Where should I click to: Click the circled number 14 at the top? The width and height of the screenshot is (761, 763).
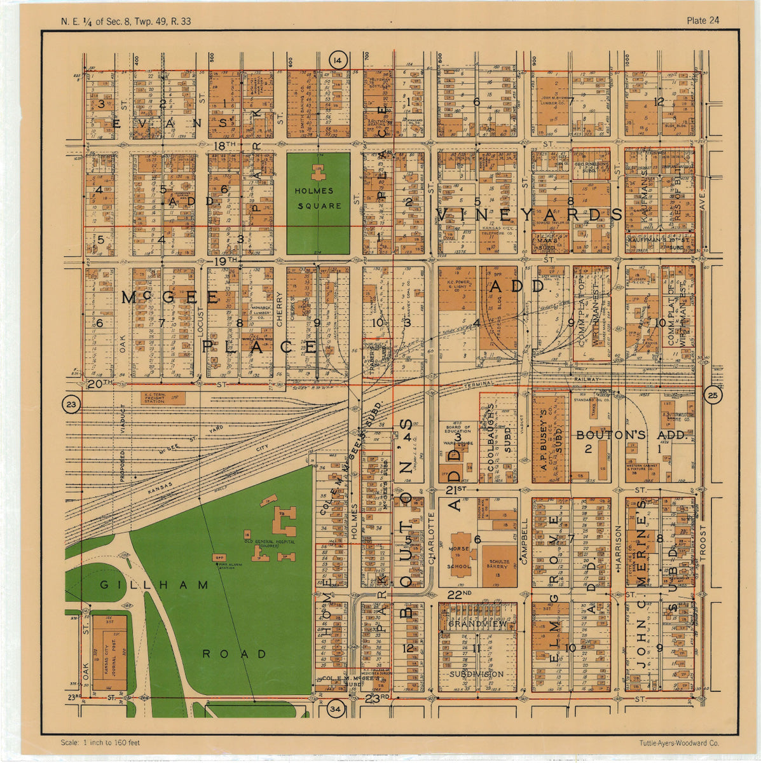pyautogui.click(x=338, y=60)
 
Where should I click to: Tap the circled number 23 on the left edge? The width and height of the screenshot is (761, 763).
pyautogui.click(x=71, y=404)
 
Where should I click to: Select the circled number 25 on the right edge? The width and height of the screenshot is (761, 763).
pyautogui.click(x=711, y=396)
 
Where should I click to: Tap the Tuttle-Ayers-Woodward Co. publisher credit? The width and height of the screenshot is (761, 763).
pyautogui.click(x=680, y=743)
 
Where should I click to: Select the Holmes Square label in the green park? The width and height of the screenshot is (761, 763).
pyautogui.click(x=318, y=198)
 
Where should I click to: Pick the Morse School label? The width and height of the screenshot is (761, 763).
pyautogui.click(x=460, y=557)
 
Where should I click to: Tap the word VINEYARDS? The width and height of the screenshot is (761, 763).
pyautogui.click(x=530, y=214)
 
